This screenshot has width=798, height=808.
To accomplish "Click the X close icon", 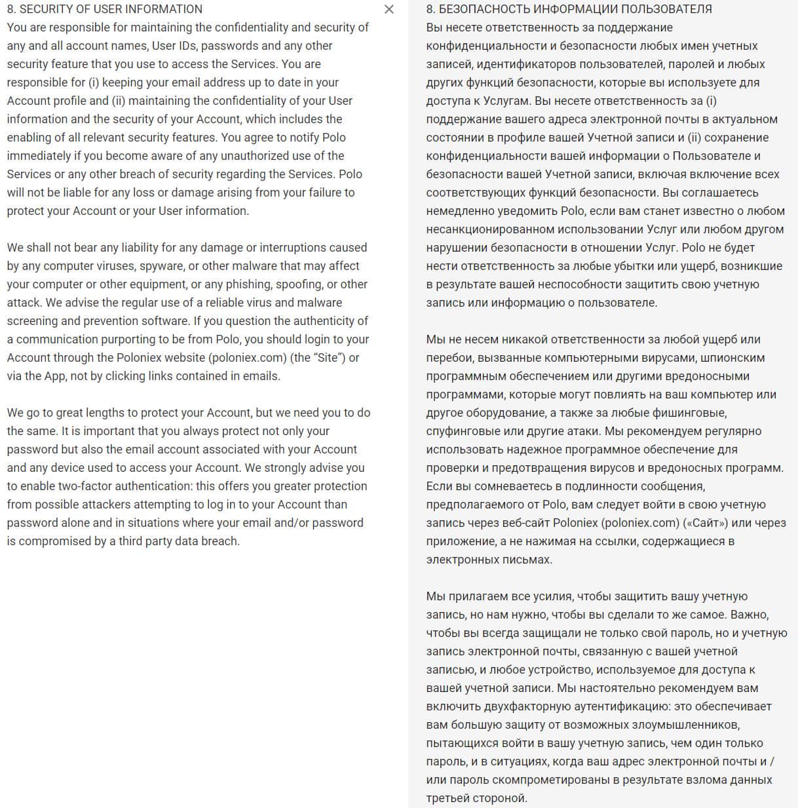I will (x=389, y=9).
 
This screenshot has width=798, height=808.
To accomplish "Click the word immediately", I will (x=39, y=156).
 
